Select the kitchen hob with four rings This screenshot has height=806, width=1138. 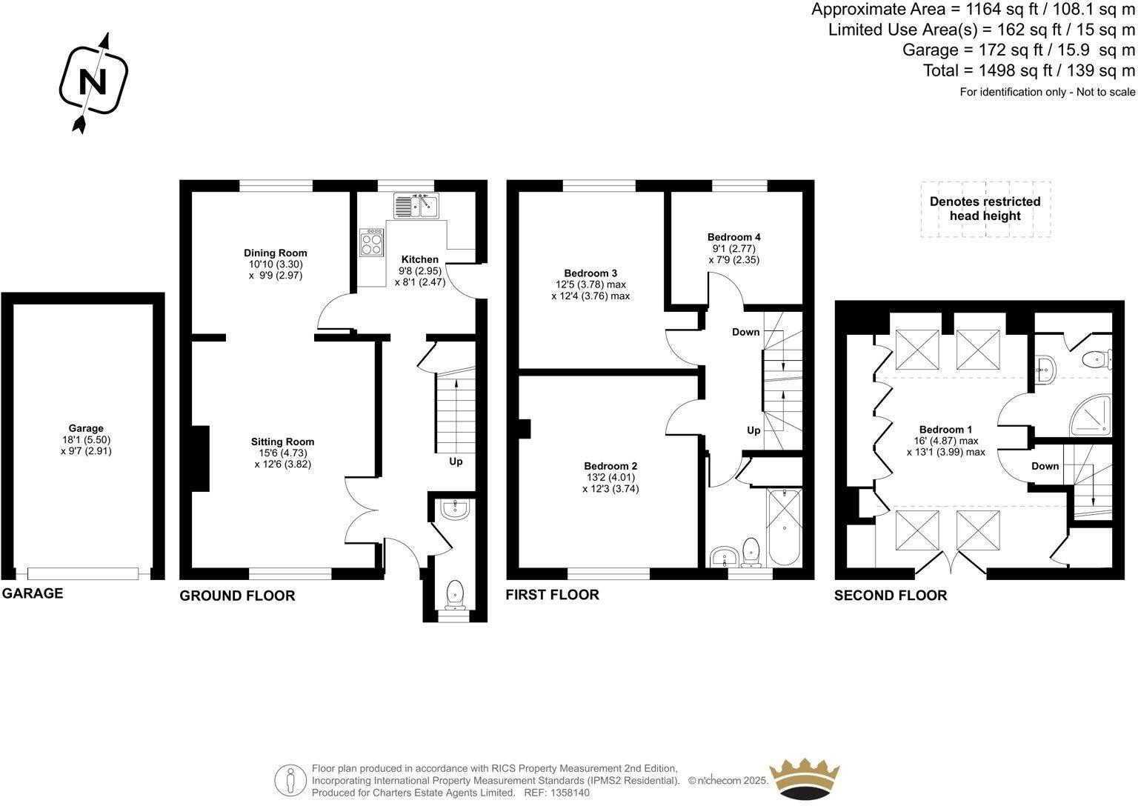(372, 242)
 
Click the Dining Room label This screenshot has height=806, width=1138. (276, 253)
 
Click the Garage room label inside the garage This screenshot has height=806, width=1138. (86, 428)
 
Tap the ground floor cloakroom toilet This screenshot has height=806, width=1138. (455, 593)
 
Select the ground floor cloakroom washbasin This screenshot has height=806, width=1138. (453, 509)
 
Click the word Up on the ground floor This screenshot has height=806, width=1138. (456, 462)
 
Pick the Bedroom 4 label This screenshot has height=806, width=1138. (733, 237)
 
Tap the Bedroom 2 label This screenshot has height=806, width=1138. (610, 466)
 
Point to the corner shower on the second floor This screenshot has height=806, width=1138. (1092, 415)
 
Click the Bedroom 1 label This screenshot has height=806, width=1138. (945, 430)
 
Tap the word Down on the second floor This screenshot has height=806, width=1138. (1045, 466)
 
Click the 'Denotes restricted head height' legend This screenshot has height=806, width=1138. (985, 209)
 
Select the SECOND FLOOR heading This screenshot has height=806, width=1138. (890, 596)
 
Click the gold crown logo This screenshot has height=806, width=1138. (805, 778)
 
